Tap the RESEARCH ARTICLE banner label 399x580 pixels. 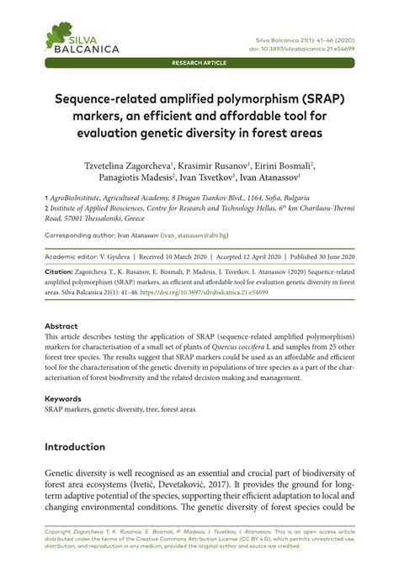click(x=199, y=63)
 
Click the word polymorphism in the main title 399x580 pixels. click(x=240, y=99)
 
